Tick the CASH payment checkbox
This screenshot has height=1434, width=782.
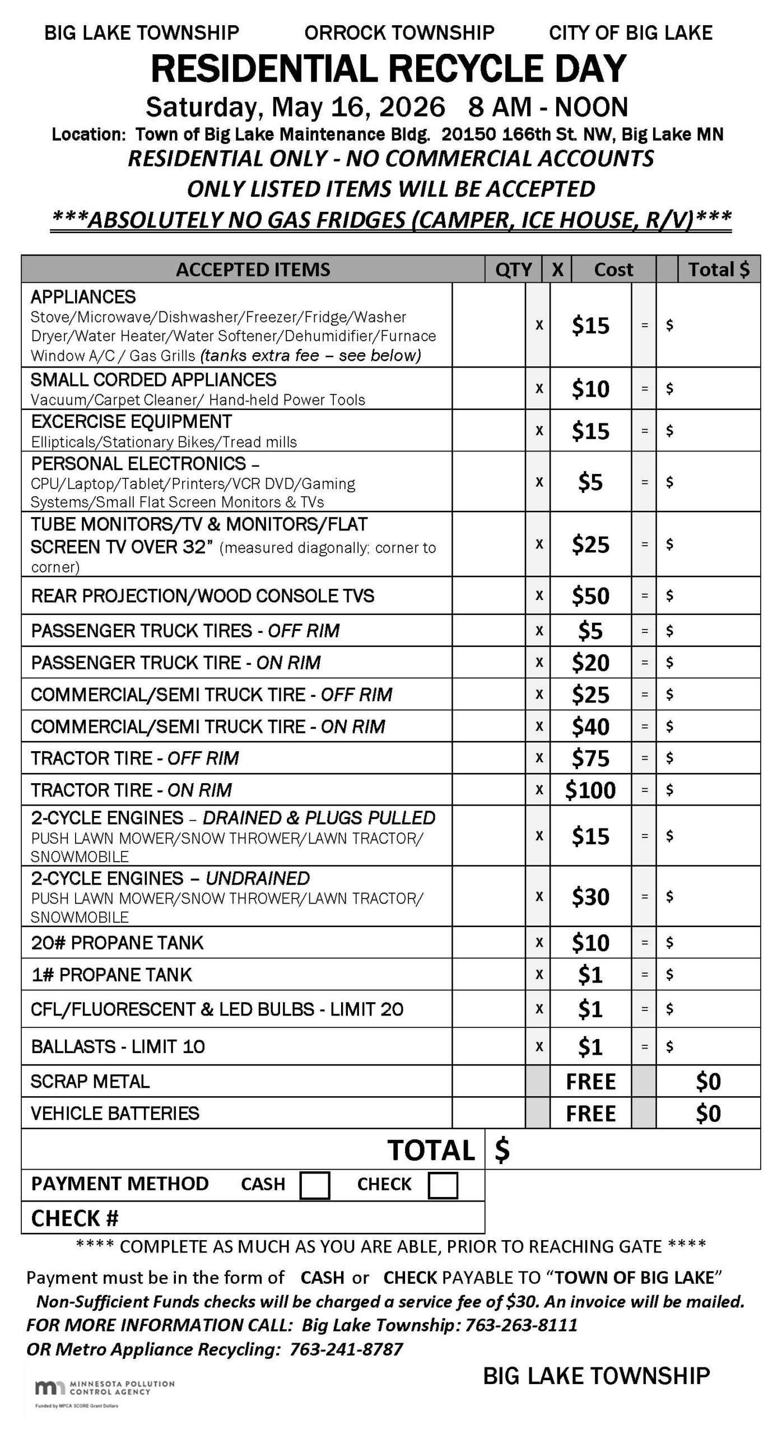(x=314, y=1185)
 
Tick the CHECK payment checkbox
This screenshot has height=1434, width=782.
(x=443, y=1185)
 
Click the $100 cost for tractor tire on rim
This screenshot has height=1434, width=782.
(x=590, y=790)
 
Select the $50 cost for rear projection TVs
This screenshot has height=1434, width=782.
(x=590, y=595)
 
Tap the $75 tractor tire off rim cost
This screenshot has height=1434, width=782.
(x=590, y=758)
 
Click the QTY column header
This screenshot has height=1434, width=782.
(x=513, y=269)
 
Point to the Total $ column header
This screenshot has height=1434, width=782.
(x=719, y=269)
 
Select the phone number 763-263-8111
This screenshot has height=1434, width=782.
(x=521, y=1325)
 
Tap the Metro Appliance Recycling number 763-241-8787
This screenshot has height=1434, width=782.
(x=346, y=1349)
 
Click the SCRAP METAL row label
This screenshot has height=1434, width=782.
(x=90, y=1081)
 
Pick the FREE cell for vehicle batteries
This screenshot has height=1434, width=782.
(x=590, y=1113)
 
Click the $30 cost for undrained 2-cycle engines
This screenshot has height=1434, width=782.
(x=590, y=896)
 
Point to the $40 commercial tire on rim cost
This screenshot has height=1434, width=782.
(x=590, y=727)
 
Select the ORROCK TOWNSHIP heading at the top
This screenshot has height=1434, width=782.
(x=399, y=33)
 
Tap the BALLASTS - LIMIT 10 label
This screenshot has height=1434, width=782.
(x=118, y=1046)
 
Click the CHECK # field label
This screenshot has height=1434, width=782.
(x=75, y=1218)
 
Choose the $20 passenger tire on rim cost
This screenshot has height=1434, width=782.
(x=590, y=663)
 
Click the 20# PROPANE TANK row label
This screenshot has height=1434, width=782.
(x=117, y=943)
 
